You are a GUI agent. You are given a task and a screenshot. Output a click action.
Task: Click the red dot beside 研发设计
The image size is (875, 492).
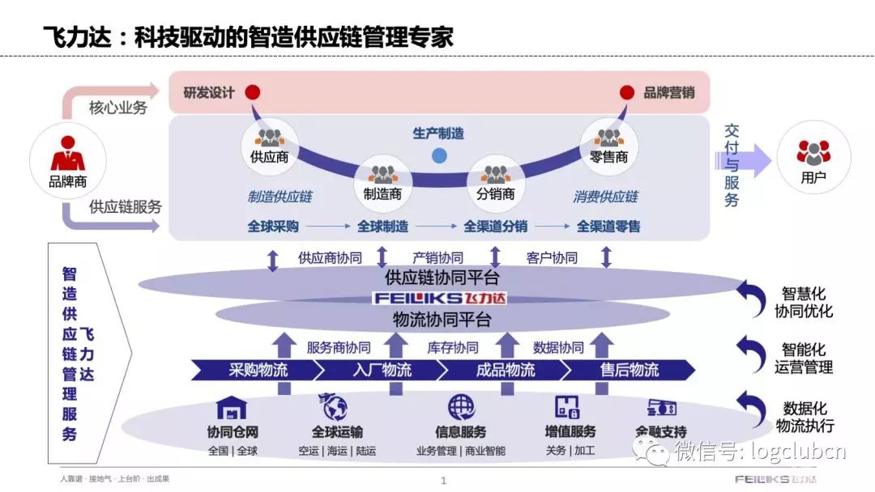(x=253, y=92)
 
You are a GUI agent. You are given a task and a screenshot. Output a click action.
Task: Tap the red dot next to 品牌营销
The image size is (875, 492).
(x=627, y=92)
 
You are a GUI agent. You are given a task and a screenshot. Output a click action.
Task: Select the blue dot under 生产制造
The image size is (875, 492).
(x=439, y=155)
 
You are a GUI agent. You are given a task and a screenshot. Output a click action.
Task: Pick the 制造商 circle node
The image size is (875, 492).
(x=383, y=184)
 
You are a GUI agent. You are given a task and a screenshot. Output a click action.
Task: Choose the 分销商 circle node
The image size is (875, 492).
(x=495, y=184)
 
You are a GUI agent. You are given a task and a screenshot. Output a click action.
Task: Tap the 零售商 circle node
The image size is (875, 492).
(x=608, y=147)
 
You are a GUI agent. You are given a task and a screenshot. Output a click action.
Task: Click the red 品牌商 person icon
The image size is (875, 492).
(x=67, y=155)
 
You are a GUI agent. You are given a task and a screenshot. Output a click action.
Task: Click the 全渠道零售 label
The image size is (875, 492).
(x=608, y=227)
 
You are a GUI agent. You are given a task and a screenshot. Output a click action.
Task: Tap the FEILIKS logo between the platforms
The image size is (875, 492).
(x=438, y=298)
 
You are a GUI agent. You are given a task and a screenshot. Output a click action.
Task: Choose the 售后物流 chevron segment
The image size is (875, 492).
(x=629, y=370)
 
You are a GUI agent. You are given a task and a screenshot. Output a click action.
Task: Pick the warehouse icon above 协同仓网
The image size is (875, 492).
(x=233, y=407)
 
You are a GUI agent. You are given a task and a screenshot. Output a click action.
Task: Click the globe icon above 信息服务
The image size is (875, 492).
(x=460, y=406)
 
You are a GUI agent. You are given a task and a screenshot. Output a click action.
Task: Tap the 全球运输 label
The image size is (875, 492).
(x=337, y=432)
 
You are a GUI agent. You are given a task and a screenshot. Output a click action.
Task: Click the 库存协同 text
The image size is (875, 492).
(x=452, y=348)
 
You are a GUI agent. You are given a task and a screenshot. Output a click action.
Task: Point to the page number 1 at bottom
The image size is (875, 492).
(x=443, y=481)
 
